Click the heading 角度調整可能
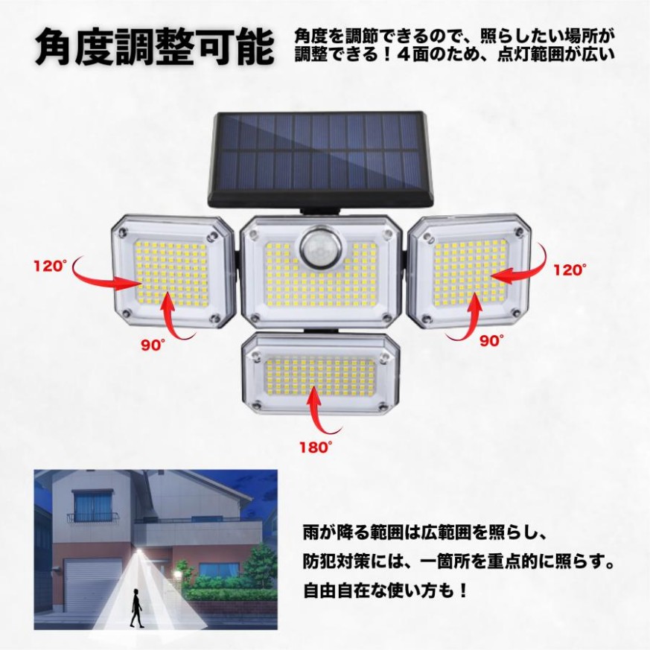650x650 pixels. pyautogui.click(x=154, y=46)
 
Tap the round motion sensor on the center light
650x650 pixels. pyautogui.click(x=321, y=249)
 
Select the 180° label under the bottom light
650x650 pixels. pyautogui.click(x=316, y=447)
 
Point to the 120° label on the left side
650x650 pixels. pyautogui.click(x=51, y=265)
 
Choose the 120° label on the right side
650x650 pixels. pyautogui.click(x=570, y=270)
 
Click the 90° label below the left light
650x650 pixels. pyautogui.click(x=153, y=345)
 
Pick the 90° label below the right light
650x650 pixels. pyautogui.click(x=491, y=340)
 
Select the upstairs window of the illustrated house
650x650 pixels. pyautogui.click(x=92, y=506)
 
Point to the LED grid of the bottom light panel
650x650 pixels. pyautogui.click(x=319, y=377)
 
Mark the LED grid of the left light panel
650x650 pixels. pyautogui.click(x=171, y=273)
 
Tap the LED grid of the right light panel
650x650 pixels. pyautogui.click(x=471, y=273)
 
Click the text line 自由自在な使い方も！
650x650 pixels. pyautogui.click(x=386, y=590)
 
